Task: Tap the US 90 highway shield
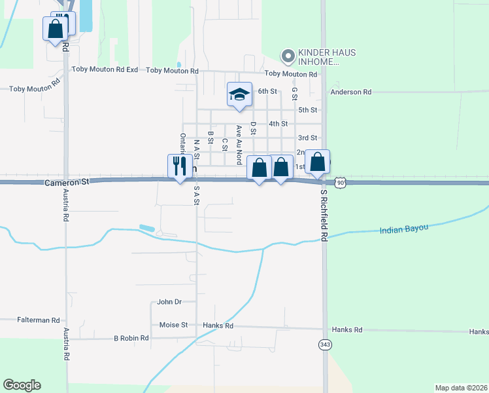[339, 183]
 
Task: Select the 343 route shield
[325, 344]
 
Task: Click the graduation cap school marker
[239, 95]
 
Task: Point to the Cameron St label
[67, 184]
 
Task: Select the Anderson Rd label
[351, 92]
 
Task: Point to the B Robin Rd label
[131, 339]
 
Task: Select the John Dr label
[169, 302]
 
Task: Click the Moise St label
[173, 325]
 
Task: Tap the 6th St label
[268, 92]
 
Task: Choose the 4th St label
[278, 124]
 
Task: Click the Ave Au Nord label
[239, 144]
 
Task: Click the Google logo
[22, 385]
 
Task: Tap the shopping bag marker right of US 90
[318, 162]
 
